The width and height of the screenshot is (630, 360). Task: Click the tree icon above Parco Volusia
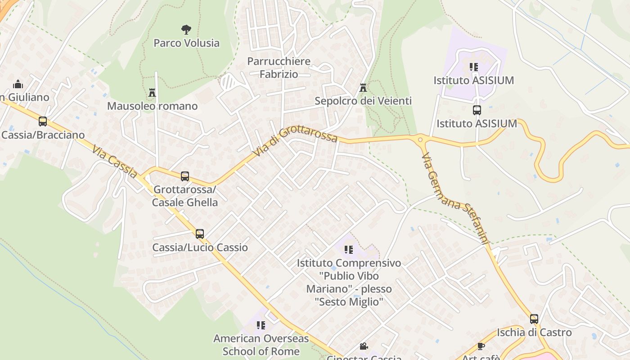point(186,30)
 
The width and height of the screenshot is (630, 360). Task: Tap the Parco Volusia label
point(186,43)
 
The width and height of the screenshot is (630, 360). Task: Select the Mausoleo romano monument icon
point(152,93)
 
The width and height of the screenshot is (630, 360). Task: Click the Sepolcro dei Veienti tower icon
point(363,88)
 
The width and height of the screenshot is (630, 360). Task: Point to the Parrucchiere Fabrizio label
point(279,67)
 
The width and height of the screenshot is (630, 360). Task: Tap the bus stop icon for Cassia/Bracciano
point(43,121)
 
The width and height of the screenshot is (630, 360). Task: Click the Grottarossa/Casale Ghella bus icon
point(184,176)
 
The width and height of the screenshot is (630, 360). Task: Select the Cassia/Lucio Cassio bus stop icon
point(200,234)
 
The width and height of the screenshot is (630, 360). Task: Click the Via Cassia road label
point(115,162)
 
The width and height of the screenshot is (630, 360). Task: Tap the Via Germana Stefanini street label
point(455,198)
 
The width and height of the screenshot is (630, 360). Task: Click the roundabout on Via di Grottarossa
point(421,139)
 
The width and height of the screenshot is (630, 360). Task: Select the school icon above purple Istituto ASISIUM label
point(473,67)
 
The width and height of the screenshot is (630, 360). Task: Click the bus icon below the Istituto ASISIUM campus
point(477,110)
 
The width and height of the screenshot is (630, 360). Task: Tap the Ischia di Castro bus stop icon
point(534,319)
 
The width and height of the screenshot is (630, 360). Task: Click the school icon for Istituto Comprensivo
point(349,249)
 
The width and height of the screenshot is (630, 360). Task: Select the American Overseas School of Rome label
point(261,345)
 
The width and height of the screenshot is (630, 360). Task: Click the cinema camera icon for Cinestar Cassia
point(364,346)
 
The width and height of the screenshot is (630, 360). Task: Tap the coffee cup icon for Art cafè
point(481,346)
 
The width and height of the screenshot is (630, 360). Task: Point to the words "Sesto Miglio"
point(349,301)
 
